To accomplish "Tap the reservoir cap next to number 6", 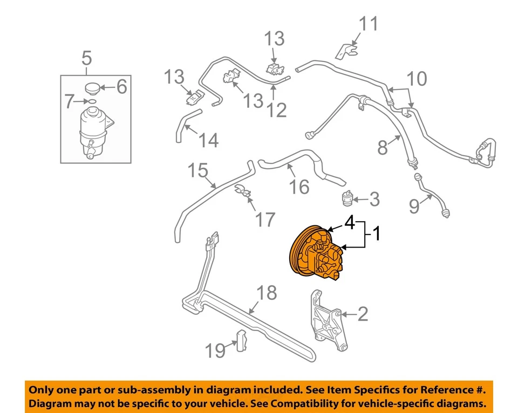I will pyautogui.click(x=95, y=88).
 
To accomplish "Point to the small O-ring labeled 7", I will pyautogui.click(x=91, y=101).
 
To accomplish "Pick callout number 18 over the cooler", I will pyautogui.click(x=268, y=293).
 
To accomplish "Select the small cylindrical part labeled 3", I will pyautogui.click(x=347, y=199).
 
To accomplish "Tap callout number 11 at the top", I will pyautogui.click(x=370, y=24).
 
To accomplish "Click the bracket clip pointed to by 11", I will pyautogui.click(x=346, y=51).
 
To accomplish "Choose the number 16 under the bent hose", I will pyautogui.click(x=301, y=187).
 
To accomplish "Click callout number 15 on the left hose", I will pyautogui.click(x=198, y=171).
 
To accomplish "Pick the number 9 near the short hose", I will pyautogui.click(x=414, y=205).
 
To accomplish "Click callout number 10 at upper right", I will pyautogui.click(x=417, y=79).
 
